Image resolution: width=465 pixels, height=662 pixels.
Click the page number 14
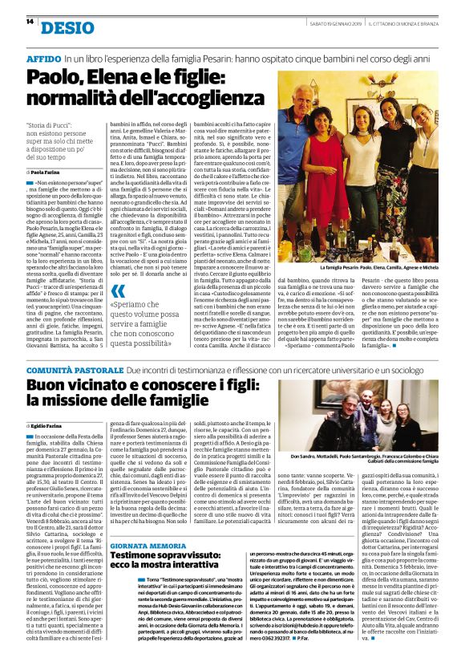(30, 22)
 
